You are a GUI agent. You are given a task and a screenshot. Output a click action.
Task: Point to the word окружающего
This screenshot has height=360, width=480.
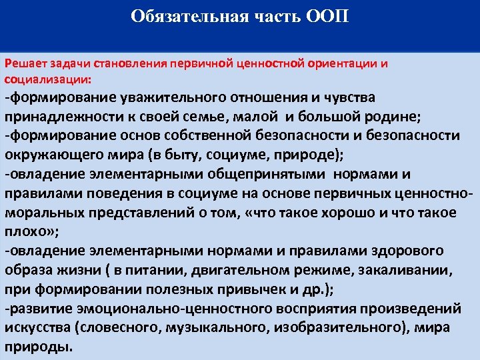50,155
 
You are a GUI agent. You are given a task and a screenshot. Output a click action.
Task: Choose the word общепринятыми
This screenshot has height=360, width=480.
237,175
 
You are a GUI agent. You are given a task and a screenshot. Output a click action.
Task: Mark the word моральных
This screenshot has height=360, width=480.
43,213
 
